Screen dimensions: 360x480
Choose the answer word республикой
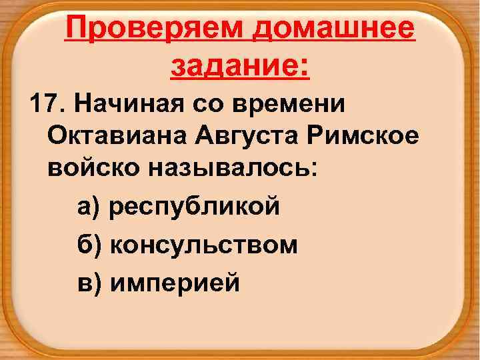(x=195, y=208)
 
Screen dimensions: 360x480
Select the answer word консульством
(x=204, y=245)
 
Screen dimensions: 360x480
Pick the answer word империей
(x=175, y=283)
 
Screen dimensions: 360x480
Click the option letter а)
(x=89, y=208)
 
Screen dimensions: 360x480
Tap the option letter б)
(x=89, y=245)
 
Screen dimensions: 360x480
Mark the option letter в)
(x=89, y=283)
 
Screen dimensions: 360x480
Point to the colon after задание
(x=305, y=68)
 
